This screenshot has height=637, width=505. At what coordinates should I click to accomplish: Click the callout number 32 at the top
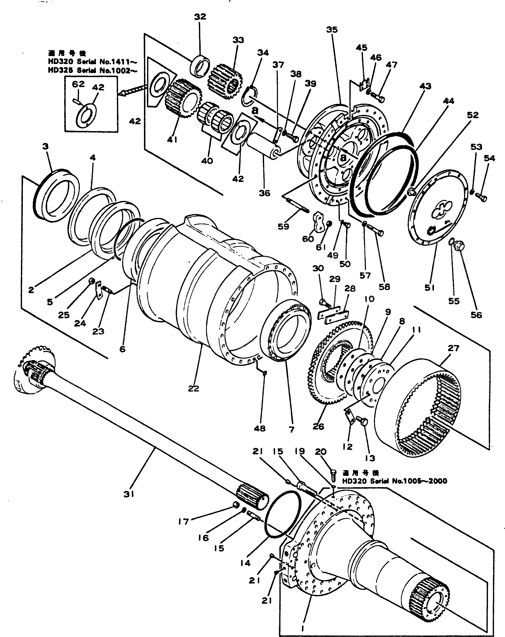[200, 17]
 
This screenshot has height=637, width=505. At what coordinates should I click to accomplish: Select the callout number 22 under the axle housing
[194, 389]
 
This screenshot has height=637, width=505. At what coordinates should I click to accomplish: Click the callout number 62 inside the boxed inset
[78, 84]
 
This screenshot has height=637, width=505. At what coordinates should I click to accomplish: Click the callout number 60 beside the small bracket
[308, 239]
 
